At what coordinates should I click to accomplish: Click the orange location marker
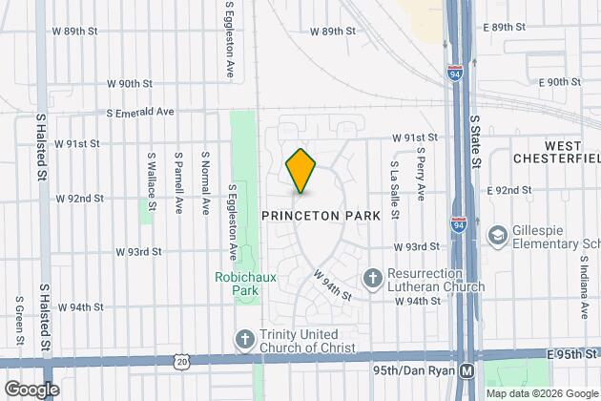(x=300, y=170)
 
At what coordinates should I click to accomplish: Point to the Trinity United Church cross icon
(x=245, y=340)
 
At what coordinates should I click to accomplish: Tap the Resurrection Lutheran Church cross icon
(x=372, y=279)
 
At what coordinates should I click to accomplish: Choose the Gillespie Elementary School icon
(x=497, y=235)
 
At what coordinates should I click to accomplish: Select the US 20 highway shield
(x=181, y=362)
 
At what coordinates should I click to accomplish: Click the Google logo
(x=31, y=389)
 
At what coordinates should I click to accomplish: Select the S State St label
(x=475, y=143)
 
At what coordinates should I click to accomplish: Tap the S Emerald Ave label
(x=141, y=112)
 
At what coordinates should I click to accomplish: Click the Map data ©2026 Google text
(x=542, y=392)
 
